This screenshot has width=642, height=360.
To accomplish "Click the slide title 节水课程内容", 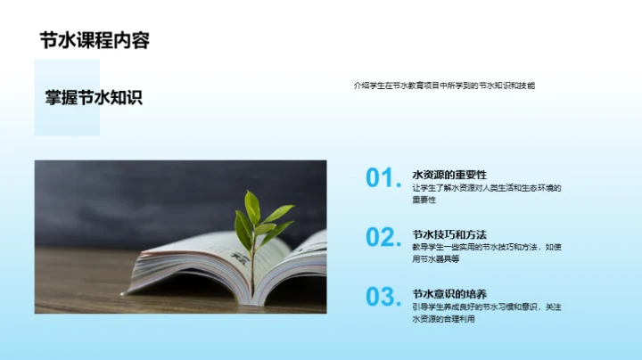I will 94,39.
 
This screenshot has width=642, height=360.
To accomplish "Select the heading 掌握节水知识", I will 94,98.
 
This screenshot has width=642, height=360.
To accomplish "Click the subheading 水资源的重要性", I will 449,175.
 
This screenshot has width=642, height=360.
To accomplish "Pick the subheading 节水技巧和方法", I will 449,233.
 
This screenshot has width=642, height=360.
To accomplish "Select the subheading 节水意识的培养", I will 449,293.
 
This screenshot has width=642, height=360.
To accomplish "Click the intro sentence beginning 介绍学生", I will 443,86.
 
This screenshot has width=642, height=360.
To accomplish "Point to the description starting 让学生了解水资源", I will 486,187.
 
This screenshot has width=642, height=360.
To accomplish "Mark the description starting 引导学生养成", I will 486,306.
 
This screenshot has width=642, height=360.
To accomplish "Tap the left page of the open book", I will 192,267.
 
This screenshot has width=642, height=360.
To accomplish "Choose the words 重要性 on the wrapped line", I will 424,200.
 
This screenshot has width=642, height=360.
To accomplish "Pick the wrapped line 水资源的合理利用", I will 444,318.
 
